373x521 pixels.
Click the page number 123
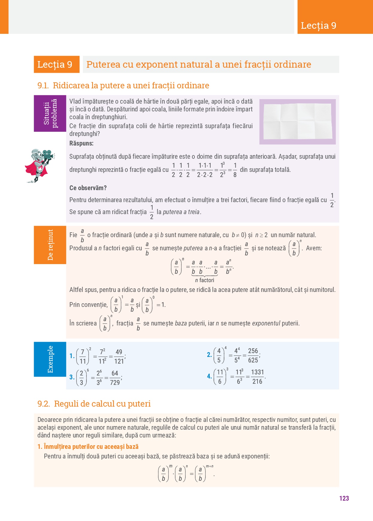tap(344, 498)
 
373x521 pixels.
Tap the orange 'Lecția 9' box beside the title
tap(57, 64)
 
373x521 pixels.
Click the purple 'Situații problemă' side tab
tap(50, 113)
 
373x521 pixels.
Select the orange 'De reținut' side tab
tap(50, 245)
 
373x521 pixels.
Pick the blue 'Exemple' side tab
tap(50, 359)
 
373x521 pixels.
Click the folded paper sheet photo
tap(297, 122)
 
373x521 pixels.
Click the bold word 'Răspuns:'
tap(81, 143)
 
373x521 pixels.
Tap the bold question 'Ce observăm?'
tap(88, 188)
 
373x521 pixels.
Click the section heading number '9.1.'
tap(43, 86)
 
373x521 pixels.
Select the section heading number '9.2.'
tap(44, 404)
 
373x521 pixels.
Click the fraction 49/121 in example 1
tap(119, 356)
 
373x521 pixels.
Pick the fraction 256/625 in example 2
tap(253, 355)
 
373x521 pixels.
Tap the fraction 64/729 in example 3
tap(115, 378)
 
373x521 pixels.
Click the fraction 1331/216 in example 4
tap(257, 377)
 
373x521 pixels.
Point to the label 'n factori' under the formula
tap(205, 280)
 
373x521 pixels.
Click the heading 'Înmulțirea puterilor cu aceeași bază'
tap(91, 447)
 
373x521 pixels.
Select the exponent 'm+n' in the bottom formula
tap(210, 466)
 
